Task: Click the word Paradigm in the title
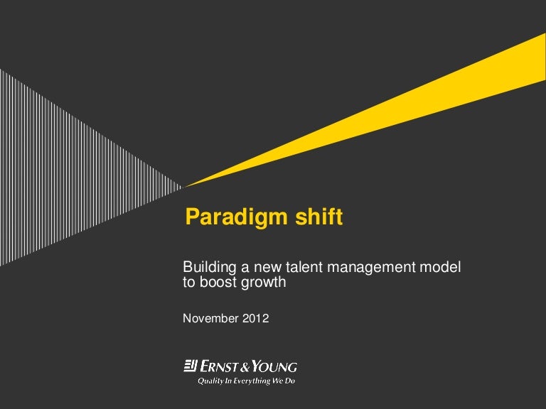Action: point(237,218)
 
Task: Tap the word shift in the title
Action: point(319,217)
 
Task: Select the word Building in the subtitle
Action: point(209,268)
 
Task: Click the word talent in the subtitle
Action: point(305,267)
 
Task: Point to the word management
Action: point(372,268)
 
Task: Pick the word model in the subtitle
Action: point(440,267)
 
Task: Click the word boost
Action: point(218,282)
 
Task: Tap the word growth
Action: point(263,283)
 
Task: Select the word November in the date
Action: point(210,318)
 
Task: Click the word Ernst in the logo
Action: point(219,366)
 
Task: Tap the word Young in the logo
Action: point(274,366)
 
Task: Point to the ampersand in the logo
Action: point(245,367)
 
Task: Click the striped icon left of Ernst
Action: point(191,366)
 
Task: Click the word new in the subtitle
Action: point(267,268)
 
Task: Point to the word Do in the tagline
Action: point(290,381)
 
